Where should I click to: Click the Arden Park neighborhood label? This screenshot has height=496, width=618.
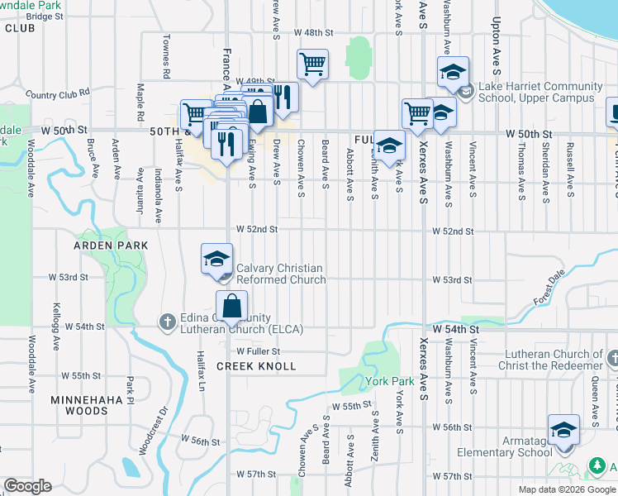click(111, 246)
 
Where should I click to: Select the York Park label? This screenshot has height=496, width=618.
click(390, 383)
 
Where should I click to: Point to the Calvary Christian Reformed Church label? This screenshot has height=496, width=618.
click(280, 274)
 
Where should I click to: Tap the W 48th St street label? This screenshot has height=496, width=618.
click(312, 33)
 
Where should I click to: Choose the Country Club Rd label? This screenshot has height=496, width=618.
click(57, 94)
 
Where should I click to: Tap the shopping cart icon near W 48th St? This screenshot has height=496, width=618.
click(312, 63)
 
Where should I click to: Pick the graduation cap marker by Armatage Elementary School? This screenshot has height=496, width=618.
click(564, 430)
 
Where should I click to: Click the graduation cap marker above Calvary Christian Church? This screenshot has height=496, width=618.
click(216, 258)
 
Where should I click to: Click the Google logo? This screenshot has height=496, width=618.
click(27, 486)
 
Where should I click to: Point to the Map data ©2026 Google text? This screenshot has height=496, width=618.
click(566, 489)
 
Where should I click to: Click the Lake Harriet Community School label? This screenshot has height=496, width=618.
click(539, 93)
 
